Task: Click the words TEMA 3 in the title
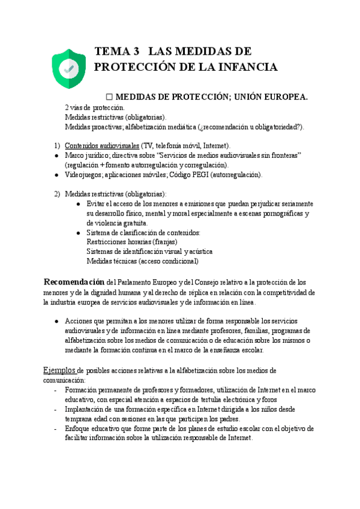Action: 117,51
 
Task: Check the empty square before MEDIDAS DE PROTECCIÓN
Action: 109,97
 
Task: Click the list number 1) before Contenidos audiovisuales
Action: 57,145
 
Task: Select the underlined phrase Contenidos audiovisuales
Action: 101,145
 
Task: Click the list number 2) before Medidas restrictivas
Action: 57,194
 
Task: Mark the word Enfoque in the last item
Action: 79,429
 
